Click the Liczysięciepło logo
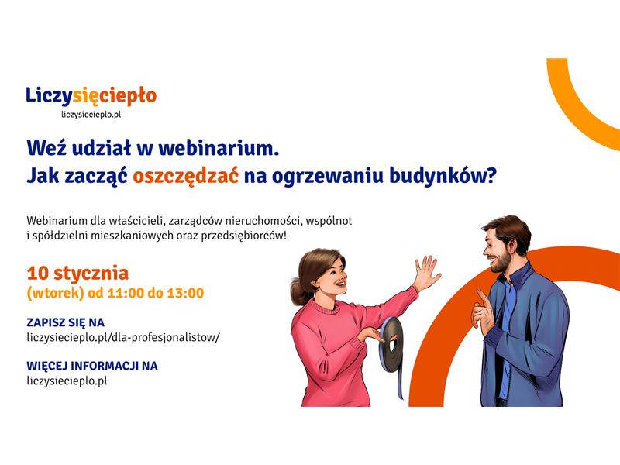91,96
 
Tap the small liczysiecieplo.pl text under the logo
91,115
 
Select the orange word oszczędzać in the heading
185,176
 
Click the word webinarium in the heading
219,149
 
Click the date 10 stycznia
78,274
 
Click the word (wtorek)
55,294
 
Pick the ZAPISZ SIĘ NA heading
65,322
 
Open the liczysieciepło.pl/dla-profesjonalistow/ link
123,338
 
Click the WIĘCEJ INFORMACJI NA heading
92,366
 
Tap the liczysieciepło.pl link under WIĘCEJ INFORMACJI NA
67,381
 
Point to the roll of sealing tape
391,348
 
